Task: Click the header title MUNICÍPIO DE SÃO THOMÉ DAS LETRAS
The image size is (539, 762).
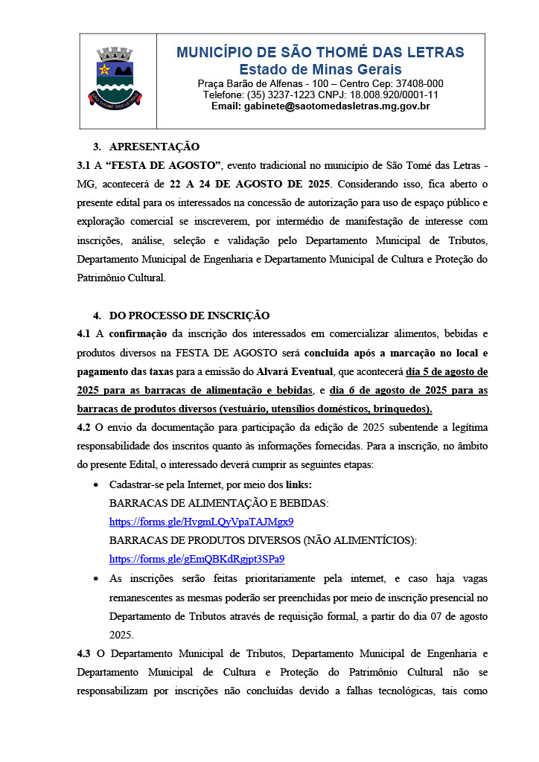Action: [320, 53]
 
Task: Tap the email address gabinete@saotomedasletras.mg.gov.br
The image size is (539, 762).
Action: [320, 106]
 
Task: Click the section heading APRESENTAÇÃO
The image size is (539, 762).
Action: [154, 147]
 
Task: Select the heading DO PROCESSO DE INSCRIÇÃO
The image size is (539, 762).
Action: [189, 316]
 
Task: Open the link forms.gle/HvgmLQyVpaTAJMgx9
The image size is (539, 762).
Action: [201, 522]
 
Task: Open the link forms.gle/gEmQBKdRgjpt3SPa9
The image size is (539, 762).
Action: [197, 559]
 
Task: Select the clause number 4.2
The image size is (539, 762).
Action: [83, 427]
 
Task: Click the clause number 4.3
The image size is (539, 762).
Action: [83, 654]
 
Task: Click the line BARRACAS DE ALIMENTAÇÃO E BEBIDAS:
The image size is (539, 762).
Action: [219, 503]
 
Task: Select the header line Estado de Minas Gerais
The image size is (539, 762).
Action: [320, 70]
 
